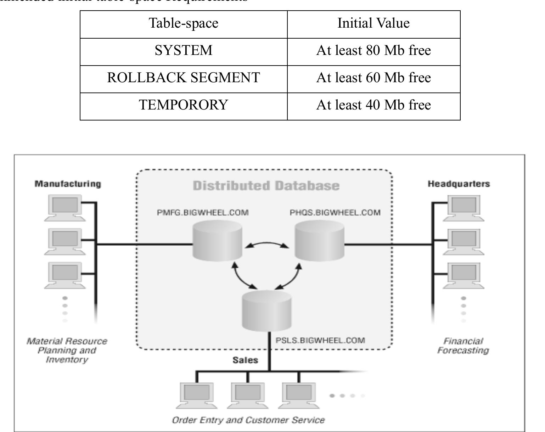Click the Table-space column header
point(183,23)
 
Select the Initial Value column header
point(373,23)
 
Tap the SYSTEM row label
point(183,51)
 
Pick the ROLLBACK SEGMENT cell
point(183,78)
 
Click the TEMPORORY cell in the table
point(183,105)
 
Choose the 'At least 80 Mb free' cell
point(373,51)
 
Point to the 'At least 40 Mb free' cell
point(373,105)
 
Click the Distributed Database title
point(266,186)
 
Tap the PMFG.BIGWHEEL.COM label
point(203,213)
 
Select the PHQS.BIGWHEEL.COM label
point(335,213)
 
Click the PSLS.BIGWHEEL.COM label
point(320,341)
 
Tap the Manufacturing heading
point(68,184)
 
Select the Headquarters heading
point(459,184)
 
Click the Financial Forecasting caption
point(463,346)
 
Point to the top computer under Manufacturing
point(65,208)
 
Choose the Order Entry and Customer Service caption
point(248,420)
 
